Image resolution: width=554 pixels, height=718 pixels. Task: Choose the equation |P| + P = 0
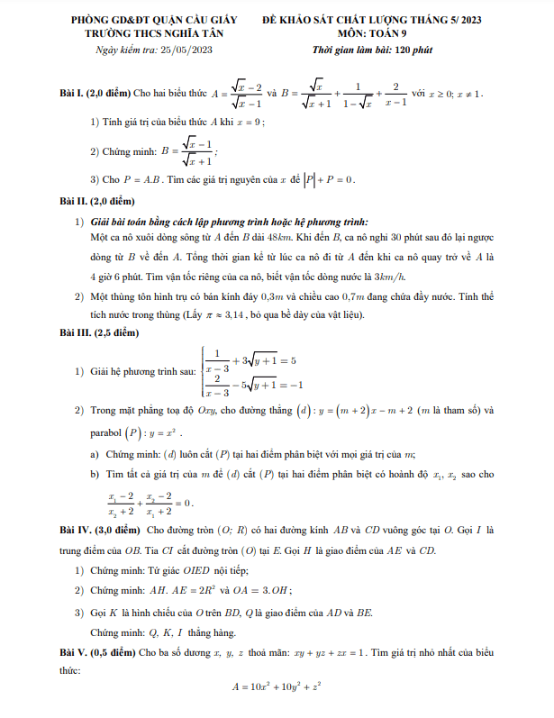coord(322,178)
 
